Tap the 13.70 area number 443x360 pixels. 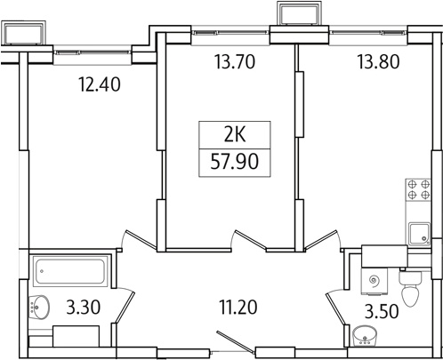click(x=232, y=63)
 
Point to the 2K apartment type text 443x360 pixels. click(x=235, y=136)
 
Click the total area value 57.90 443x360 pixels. click(x=235, y=164)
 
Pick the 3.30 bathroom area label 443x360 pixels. click(x=83, y=310)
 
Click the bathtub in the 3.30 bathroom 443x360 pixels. click(x=70, y=268)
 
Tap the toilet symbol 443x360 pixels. click(x=410, y=289)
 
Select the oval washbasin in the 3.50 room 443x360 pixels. click(x=365, y=337)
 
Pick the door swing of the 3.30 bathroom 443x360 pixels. click(x=126, y=302)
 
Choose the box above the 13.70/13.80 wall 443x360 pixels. click(x=295, y=14)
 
